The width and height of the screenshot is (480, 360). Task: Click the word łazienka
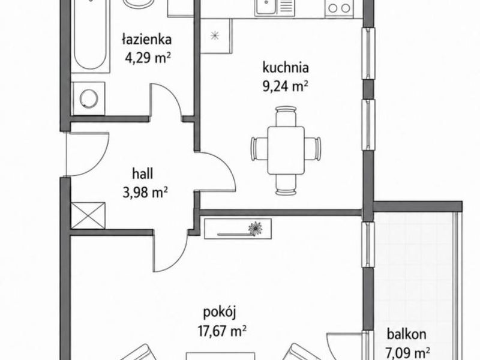pyautogui.click(x=146, y=40)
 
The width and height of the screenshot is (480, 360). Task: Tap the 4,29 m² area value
pyautogui.click(x=148, y=57)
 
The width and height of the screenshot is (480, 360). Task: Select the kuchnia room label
pyautogui.click(x=286, y=68)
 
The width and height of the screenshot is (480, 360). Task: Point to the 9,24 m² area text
pyautogui.click(x=285, y=86)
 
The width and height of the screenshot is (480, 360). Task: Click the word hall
pyautogui.click(x=143, y=174)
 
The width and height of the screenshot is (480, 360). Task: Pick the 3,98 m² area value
pyautogui.click(x=145, y=193)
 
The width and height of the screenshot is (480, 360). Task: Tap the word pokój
pyautogui.click(x=220, y=313)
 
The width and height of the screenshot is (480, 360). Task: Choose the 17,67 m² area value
pyautogui.click(x=222, y=331)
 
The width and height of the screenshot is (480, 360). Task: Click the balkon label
pyautogui.click(x=407, y=334)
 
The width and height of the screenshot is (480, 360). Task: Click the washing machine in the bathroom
pyautogui.click(x=89, y=98)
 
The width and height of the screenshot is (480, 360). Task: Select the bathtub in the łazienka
pyautogui.click(x=91, y=35)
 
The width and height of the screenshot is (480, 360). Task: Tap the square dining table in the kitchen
pyautogui.click(x=286, y=151)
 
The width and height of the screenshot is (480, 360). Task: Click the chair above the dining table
pyautogui.click(x=286, y=116)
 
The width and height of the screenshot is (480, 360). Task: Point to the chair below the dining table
pyautogui.click(x=286, y=185)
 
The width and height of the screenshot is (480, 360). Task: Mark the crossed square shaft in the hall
pyautogui.click(x=88, y=215)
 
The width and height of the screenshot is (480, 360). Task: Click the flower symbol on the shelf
pyautogui.click(x=255, y=229)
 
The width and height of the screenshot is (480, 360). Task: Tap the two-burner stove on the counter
pyautogui.click(x=340, y=8)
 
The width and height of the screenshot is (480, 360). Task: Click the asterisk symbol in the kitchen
pyautogui.click(x=215, y=36)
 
